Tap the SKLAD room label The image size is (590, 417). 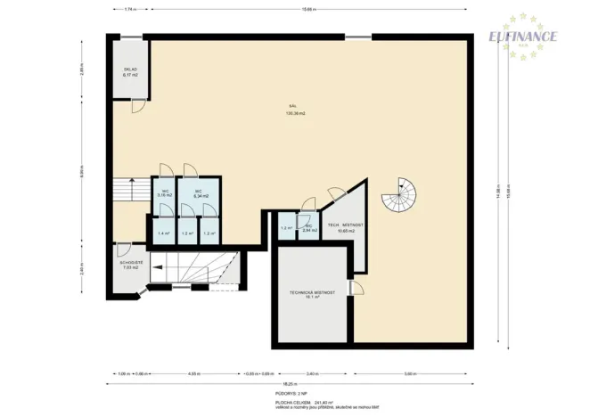pyautogui.click(x=129, y=71)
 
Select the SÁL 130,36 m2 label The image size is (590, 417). pyautogui.click(x=296, y=110)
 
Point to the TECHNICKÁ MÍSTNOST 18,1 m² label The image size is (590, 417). pyautogui.click(x=312, y=294)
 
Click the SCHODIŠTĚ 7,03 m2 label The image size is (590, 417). pyautogui.click(x=132, y=265)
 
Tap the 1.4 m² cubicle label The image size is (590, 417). pyautogui.click(x=163, y=233)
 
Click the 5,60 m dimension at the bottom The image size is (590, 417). pyautogui.click(x=409, y=373)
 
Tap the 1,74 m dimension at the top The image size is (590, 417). pyautogui.click(x=130, y=9)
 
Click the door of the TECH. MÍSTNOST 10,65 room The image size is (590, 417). pyautogui.click(x=336, y=194)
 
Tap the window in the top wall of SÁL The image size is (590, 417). pyautogui.click(x=359, y=37)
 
